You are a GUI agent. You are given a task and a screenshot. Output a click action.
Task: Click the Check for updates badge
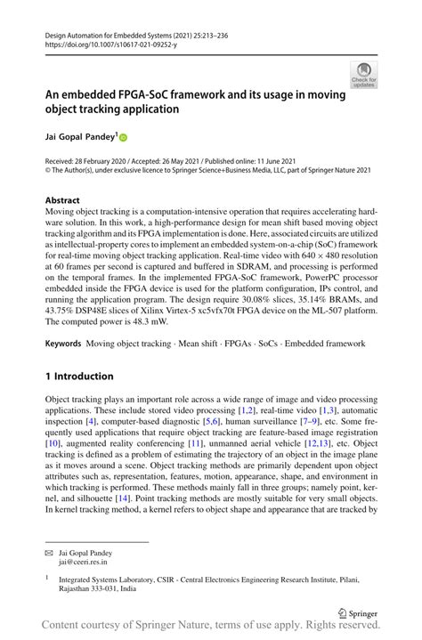tap(362, 76)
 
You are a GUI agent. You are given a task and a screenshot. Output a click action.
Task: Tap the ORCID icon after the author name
tap(123, 137)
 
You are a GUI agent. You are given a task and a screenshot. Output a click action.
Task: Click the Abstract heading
tap(63, 201)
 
